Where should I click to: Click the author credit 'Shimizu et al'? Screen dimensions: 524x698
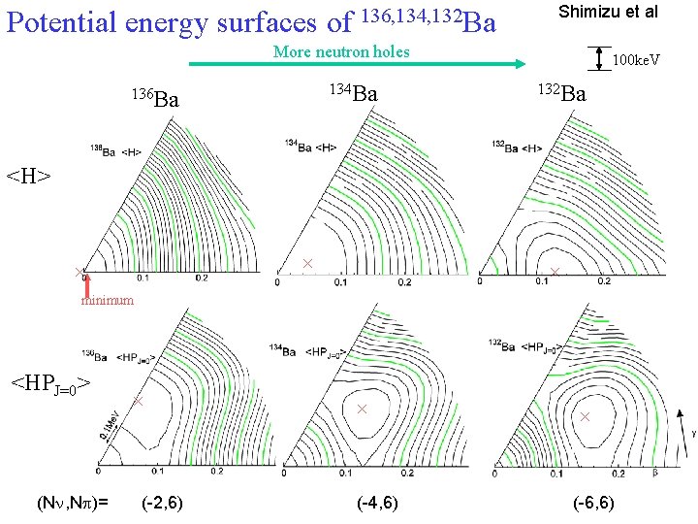pyautogui.click(x=607, y=13)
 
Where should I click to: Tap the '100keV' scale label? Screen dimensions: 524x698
pyautogui.click(x=636, y=61)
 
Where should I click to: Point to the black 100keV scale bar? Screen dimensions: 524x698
pyautogui.click(x=602, y=59)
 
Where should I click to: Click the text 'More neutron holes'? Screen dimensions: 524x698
pyautogui.click(x=341, y=51)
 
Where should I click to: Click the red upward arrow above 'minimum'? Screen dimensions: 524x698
pyautogui.click(x=87, y=284)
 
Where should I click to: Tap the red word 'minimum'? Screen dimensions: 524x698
pyautogui.click(x=107, y=301)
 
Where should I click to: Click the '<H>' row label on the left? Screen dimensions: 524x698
pyautogui.click(x=28, y=176)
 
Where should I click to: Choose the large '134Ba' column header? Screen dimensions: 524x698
pyautogui.click(x=351, y=94)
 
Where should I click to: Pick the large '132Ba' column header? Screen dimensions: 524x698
pyautogui.click(x=561, y=94)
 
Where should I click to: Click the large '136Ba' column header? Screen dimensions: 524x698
pyautogui.click(x=154, y=98)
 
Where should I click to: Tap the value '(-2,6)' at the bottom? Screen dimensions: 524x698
pyautogui.click(x=162, y=502)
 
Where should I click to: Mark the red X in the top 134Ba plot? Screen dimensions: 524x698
pyautogui.click(x=307, y=264)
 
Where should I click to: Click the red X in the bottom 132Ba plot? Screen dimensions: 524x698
pyautogui.click(x=585, y=416)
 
